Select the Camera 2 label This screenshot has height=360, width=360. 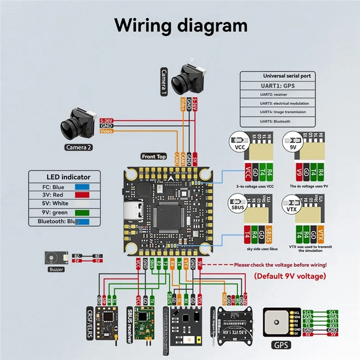tap(79, 147)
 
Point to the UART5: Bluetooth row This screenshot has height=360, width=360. tap(275, 121)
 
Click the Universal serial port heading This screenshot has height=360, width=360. tap(287, 76)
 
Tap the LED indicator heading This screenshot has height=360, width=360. tap(68, 177)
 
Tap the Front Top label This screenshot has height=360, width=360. tap(154, 157)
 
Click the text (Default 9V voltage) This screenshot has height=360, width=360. tap(291, 275)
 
